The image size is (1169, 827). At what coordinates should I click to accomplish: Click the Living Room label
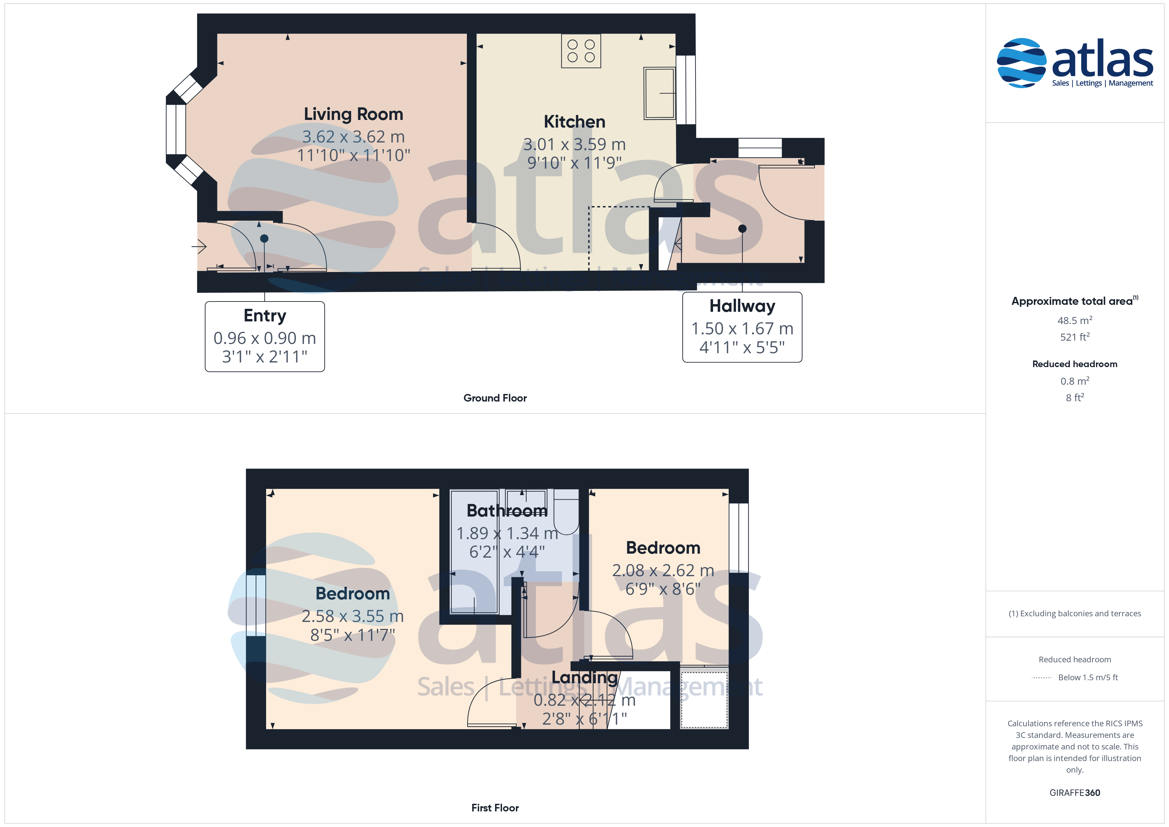coord(353,114)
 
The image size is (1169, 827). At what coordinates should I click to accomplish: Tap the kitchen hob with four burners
coord(581,51)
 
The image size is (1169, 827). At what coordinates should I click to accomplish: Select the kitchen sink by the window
coord(659,93)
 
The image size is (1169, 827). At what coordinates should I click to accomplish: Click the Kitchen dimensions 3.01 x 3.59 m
coord(574,144)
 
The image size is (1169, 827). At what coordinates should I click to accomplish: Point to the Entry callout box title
coord(265,316)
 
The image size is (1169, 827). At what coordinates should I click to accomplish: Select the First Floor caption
coord(495,808)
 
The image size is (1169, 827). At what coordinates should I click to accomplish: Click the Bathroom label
coord(507,510)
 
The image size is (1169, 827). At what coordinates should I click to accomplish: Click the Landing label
coord(584,677)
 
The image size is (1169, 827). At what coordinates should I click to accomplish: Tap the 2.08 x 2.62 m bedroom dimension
coord(663,570)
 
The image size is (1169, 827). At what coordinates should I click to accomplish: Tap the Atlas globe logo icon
coord(1021,63)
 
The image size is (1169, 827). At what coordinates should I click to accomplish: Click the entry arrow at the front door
coord(199,247)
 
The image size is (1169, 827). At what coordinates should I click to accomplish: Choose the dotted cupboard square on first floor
coord(704,700)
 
